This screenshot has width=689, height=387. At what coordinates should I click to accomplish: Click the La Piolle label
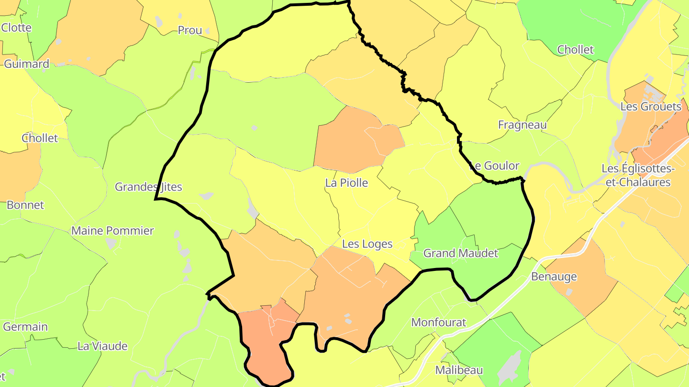[346, 183]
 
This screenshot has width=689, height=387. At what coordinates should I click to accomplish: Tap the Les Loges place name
[367, 244]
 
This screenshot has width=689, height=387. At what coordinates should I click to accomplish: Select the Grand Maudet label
[460, 253]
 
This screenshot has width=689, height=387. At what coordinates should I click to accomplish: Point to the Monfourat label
[438, 322]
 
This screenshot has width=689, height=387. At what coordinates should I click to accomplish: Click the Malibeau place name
[458, 370]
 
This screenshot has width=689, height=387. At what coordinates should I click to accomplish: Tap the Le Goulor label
[494, 166]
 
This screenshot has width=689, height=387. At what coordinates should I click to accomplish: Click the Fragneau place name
[522, 125]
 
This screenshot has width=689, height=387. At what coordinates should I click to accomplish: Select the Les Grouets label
[650, 107]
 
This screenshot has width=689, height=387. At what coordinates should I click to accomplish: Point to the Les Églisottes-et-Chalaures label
[638, 175]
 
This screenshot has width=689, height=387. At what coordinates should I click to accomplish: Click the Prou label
[189, 30]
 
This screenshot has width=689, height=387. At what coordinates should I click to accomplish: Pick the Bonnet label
[25, 205]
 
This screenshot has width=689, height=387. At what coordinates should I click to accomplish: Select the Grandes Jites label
[148, 187]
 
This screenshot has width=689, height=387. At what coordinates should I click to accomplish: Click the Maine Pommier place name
[112, 231]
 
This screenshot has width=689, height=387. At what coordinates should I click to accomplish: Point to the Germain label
[25, 327]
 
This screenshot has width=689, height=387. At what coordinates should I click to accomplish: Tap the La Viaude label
[102, 346]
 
